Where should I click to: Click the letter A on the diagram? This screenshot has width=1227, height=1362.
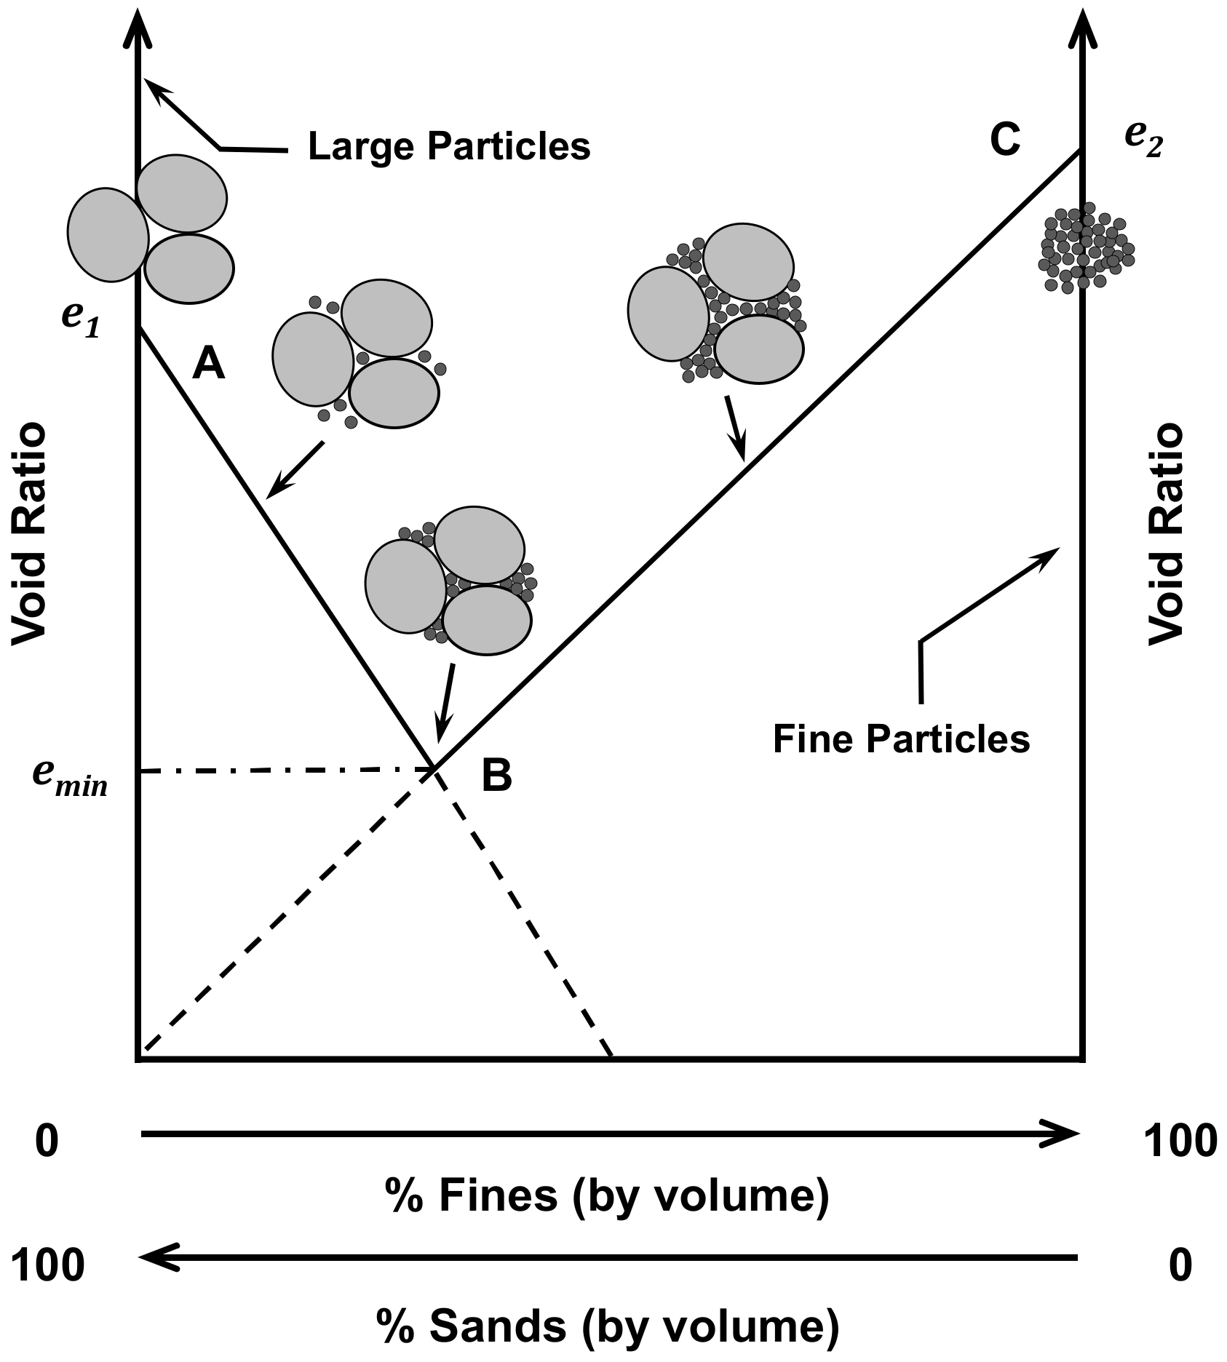[x=208, y=364]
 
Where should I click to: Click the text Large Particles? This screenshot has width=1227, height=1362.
[x=449, y=146]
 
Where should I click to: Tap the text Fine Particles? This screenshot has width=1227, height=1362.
[x=901, y=739]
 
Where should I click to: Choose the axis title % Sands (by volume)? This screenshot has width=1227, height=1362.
[x=608, y=1326]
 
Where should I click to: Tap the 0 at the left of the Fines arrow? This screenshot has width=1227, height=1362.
[x=46, y=1141]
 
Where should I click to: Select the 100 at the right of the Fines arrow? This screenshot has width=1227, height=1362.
[x=1180, y=1141]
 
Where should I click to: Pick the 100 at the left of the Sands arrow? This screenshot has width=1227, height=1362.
[x=48, y=1265]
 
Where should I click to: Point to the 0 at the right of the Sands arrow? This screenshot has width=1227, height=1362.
[x=1180, y=1265]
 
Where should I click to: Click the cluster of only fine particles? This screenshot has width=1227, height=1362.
[x=1086, y=247]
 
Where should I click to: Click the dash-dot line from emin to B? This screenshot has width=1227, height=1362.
[x=284, y=770]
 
